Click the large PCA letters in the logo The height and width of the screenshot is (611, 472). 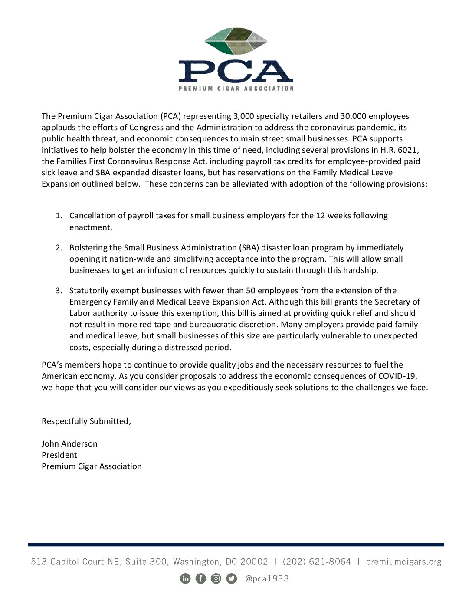(236, 71)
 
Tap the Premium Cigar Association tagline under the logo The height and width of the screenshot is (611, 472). (236, 89)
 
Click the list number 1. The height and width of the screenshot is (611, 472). (59, 216)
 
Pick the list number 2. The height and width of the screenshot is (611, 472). (59, 248)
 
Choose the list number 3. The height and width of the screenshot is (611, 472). (59, 291)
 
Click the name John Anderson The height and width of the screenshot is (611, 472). (69, 444)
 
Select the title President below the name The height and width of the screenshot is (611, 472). (59, 455)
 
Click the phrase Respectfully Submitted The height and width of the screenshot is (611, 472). (86, 421)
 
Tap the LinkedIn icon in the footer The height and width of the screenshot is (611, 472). (185, 578)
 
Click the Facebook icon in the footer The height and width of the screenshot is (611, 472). (201, 578)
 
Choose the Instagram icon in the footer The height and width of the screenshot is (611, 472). (216, 578)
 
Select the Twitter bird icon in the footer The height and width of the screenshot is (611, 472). (232, 578)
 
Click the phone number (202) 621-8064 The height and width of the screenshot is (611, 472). (317, 562)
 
